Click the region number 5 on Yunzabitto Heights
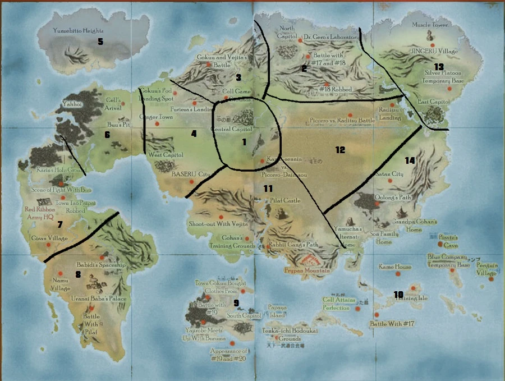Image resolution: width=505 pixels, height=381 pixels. tap(100, 42)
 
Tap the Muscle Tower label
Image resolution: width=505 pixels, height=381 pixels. tap(430, 25)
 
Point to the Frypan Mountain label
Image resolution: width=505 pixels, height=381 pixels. tap(304, 270)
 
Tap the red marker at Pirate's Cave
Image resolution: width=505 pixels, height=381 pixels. tap(440, 244)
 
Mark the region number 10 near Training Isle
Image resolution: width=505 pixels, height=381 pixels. tap(398, 295)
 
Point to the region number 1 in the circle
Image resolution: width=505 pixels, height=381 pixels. tap(244, 142)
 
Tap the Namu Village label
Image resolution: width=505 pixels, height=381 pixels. tap(60, 283)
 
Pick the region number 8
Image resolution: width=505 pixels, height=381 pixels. tap(78, 274)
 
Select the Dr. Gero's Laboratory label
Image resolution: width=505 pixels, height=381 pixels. tap(330, 37)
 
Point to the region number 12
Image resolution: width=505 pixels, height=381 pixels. tap(340, 149)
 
